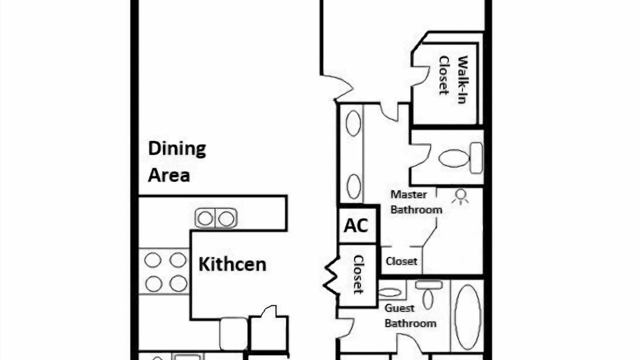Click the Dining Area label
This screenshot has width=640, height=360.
click(177, 161)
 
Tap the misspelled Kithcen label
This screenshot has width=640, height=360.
click(232, 264)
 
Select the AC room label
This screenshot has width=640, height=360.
click(355, 225)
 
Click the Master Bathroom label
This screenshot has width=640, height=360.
click(416, 202)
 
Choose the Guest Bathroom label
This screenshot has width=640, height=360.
click(410, 316)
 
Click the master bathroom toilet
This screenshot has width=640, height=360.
click(460, 158)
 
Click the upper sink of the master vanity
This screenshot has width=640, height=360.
click(353, 123)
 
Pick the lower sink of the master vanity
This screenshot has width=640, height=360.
click(353, 187)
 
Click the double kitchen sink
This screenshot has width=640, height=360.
click(216, 218)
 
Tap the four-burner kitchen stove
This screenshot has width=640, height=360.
click(164, 271)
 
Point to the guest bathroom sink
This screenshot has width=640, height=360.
click(389, 292)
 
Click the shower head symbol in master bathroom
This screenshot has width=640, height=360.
click(460, 197)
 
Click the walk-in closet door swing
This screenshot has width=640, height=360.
click(420, 75)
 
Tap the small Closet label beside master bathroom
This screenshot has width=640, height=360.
click(401, 261)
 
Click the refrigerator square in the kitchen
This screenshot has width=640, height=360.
click(233, 333)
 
